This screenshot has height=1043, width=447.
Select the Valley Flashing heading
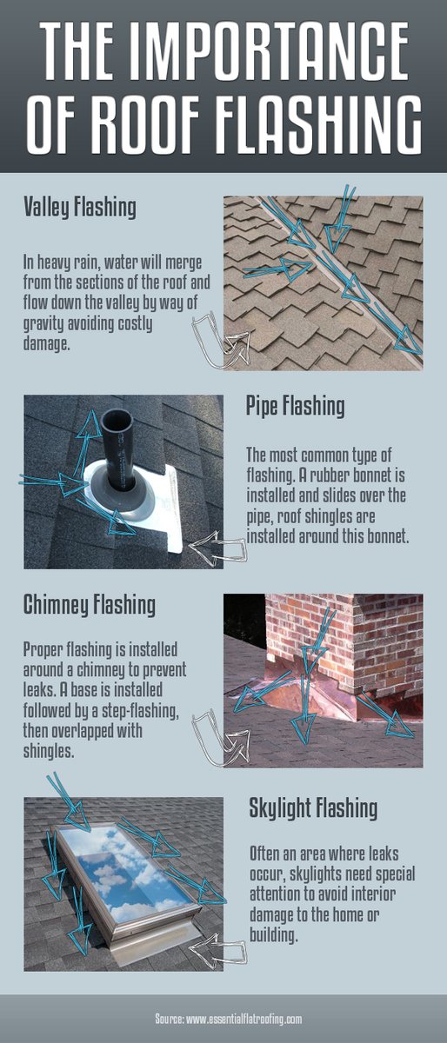(x=80, y=208)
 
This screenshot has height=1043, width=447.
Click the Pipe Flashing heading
(x=296, y=406)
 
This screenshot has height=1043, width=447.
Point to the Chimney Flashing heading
(x=90, y=604)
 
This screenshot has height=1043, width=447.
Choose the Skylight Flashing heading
(x=314, y=807)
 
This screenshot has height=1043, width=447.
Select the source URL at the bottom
(x=223, y=1019)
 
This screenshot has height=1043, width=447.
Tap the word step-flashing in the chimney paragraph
(x=141, y=713)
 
